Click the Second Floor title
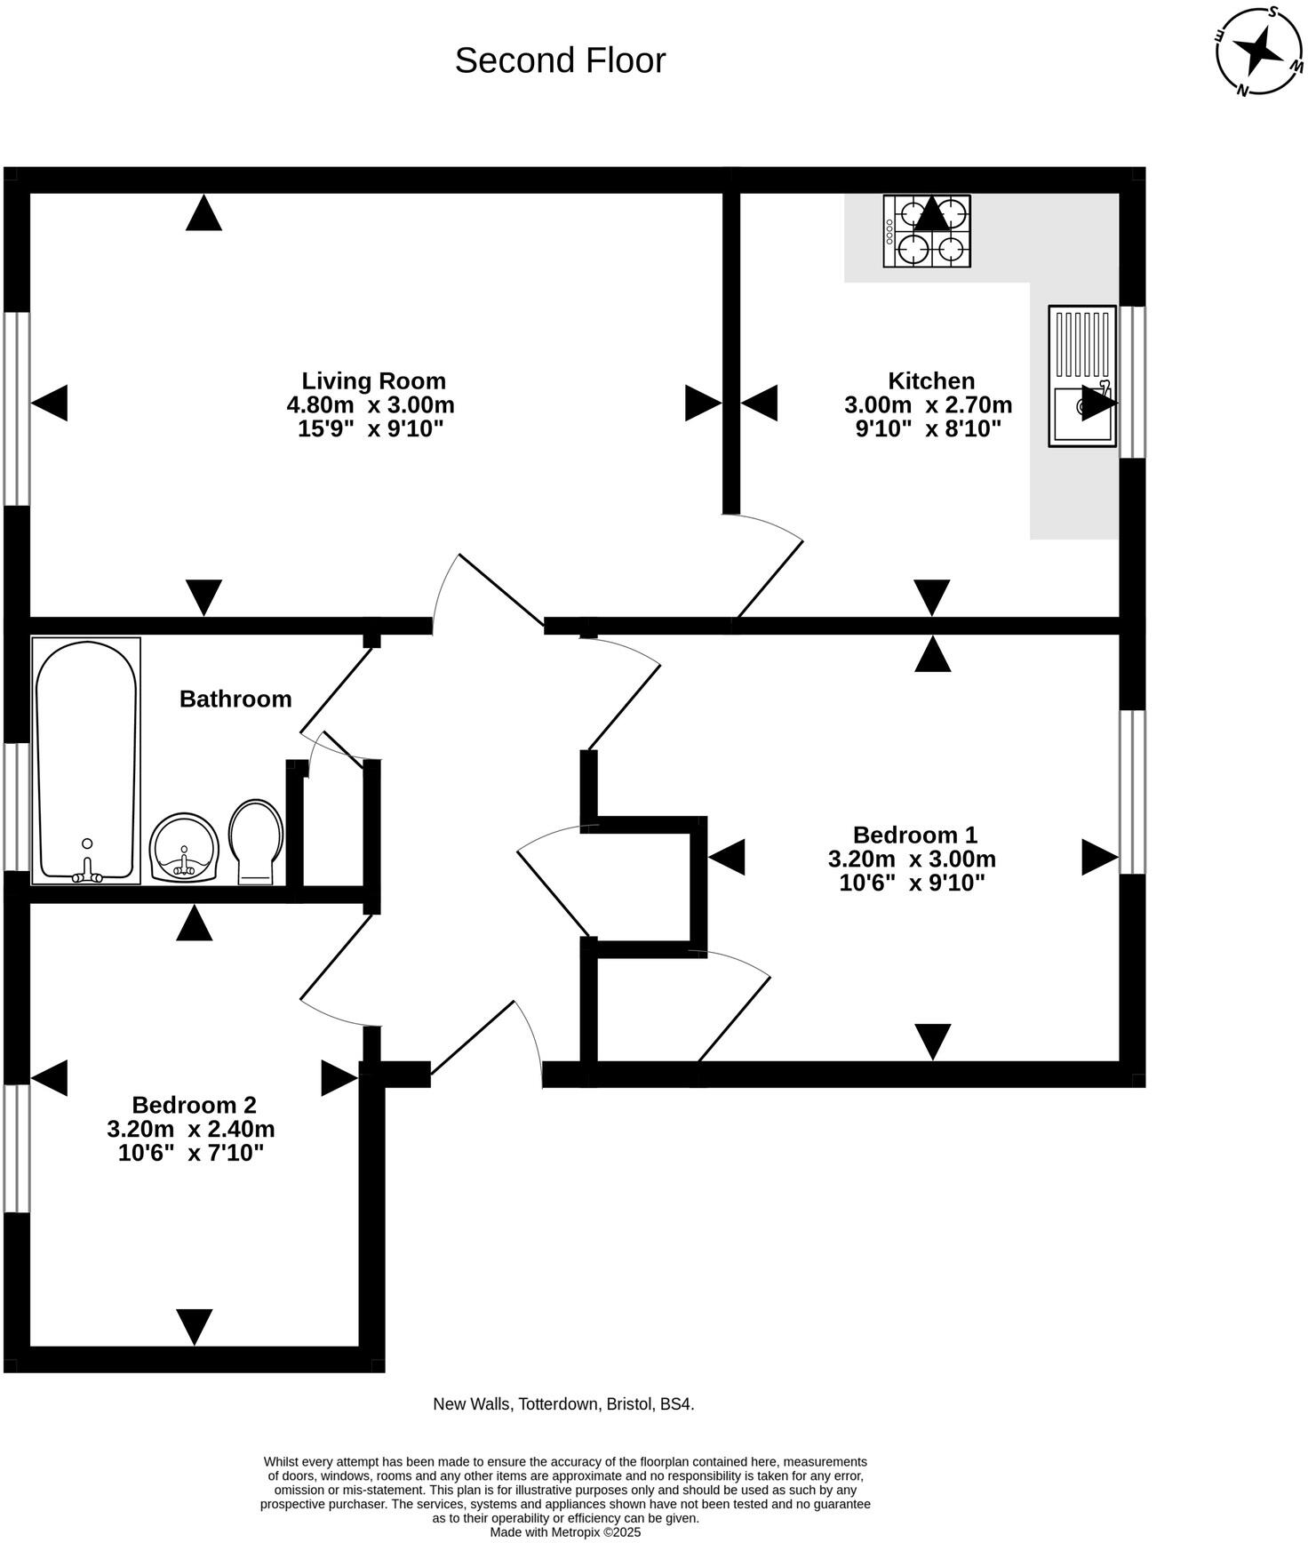tap(560, 60)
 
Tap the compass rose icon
tap(1259, 52)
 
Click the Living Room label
tap(373, 380)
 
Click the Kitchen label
tap(931, 380)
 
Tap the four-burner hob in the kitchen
tap(927, 231)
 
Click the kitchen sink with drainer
tap(1081, 376)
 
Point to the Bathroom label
tap(235, 699)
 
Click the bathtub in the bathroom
tap(86, 761)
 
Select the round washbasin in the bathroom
tap(184, 847)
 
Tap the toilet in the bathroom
tap(256, 840)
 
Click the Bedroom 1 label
tap(914, 835)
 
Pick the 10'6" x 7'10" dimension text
tap(191, 1154)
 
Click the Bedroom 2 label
tap(194, 1105)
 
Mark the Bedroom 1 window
tap(1132, 791)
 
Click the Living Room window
tap(17, 409)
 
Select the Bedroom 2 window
tap(17, 1147)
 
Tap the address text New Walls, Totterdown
tap(563, 1404)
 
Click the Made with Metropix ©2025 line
tap(565, 1532)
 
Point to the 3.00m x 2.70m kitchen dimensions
tap(928, 405)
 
